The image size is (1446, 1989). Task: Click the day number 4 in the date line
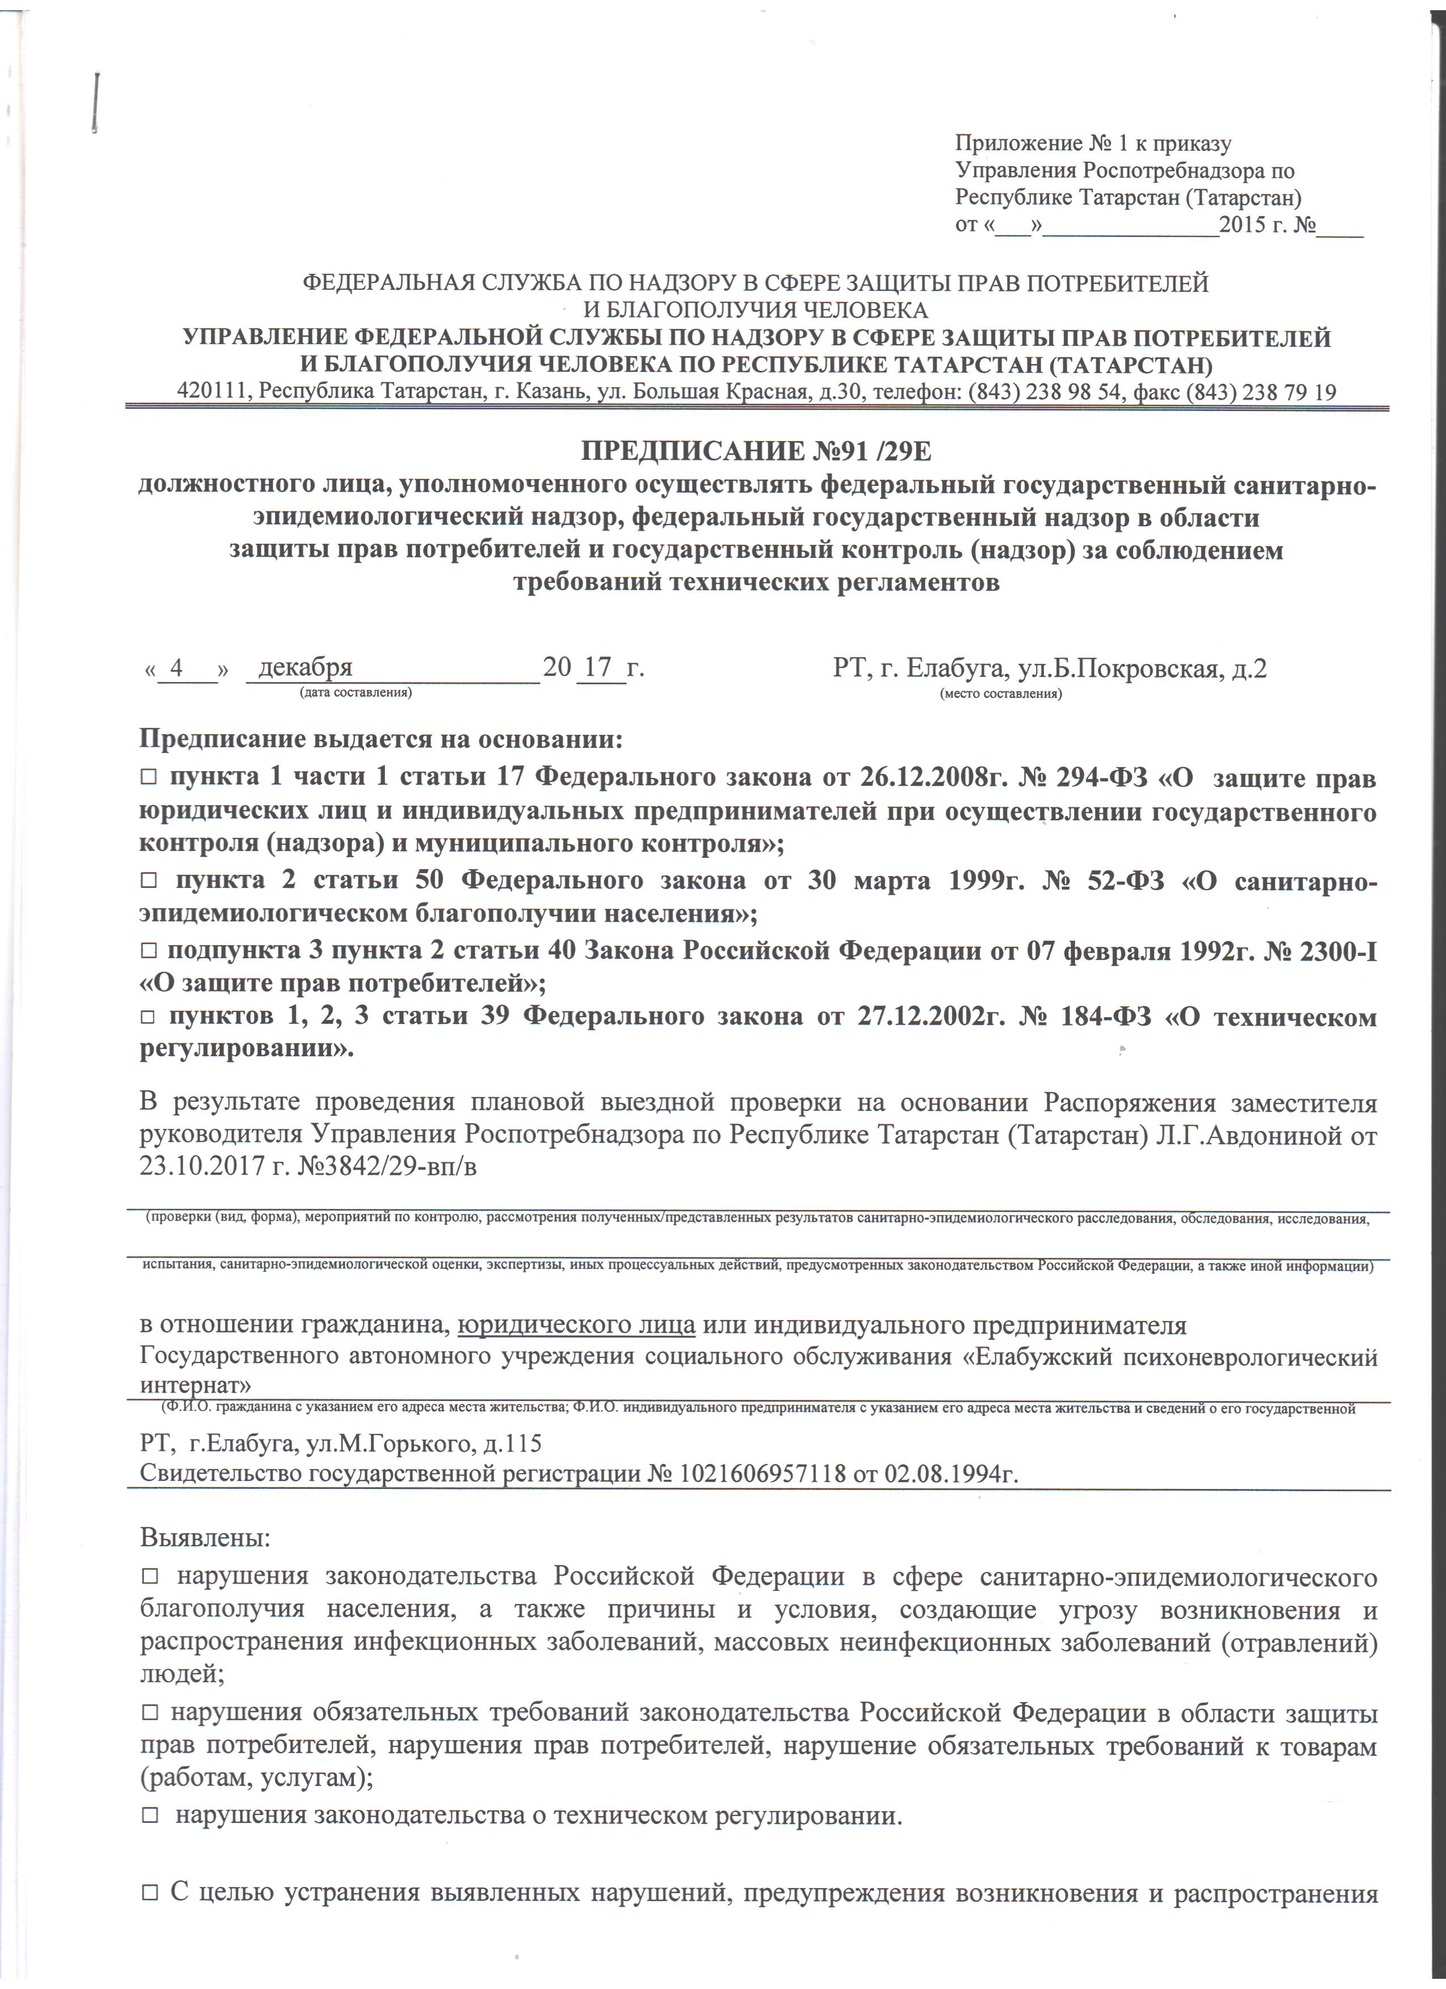point(176,668)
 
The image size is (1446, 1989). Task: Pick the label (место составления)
point(1000,693)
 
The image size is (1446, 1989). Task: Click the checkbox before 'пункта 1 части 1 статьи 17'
point(148,779)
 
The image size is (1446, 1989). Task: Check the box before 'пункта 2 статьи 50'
point(148,881)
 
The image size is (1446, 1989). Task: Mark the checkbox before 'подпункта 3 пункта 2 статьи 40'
point(148,951)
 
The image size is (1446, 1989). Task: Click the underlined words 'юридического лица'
point(577,1324)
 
